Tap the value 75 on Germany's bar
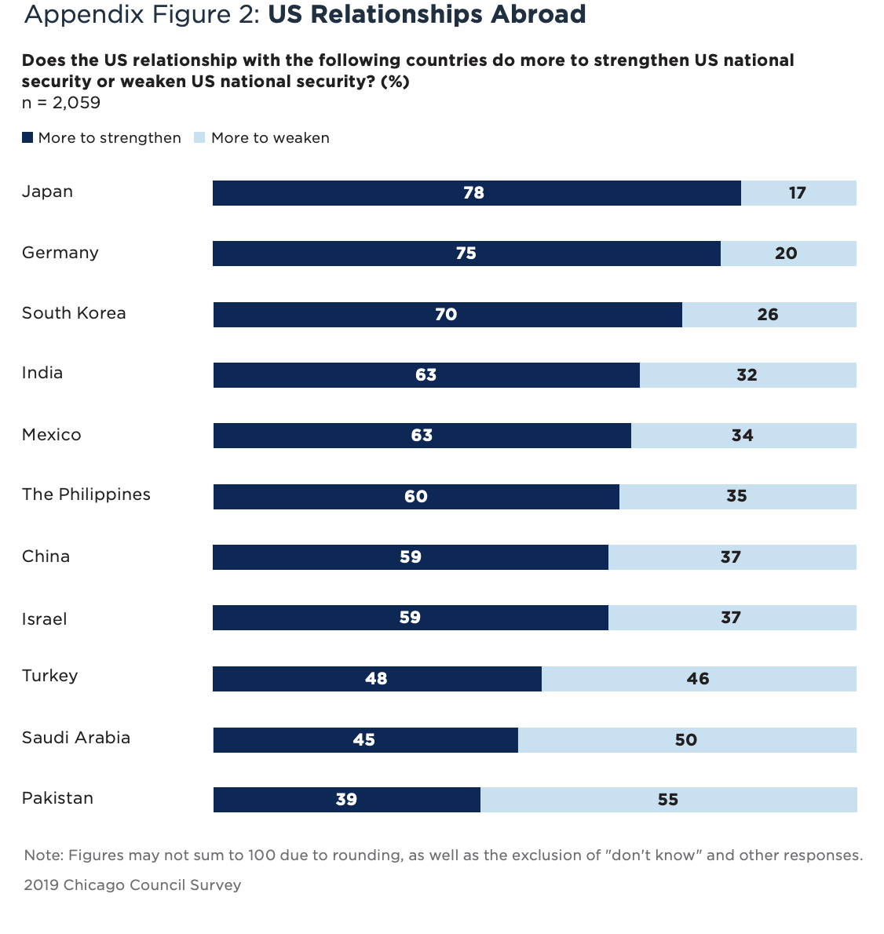pos(466,254)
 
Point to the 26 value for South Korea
pos(768,315)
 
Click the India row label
pos(42,373)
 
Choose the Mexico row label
pos(52,435)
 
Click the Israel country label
pos(45,619)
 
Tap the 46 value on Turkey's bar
pos(698,679)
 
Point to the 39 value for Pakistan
pos(346,800)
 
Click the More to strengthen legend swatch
pos(27,138)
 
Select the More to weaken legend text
pos(270,138)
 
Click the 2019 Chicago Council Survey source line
pos(133,885)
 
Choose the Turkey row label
pos(50,676)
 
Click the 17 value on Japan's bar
pos(798,193)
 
